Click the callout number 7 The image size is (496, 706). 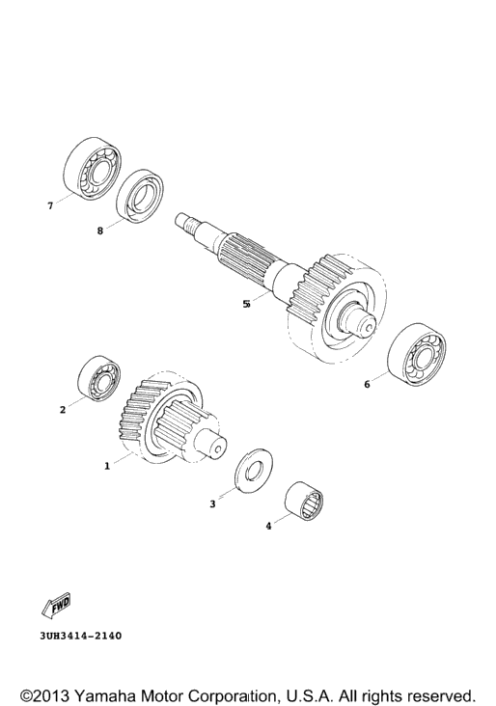pos(50,206)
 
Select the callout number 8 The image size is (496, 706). pos(100,231)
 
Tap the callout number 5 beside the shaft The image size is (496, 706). pos(246,304)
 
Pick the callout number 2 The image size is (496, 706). pos(63,410)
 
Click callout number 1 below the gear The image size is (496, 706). pos(107,466)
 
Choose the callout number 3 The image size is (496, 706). pos(212,504)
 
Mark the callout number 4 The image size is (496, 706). pos(268,526)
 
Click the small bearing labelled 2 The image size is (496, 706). pos(99,379)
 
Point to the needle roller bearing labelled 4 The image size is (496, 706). pos(304,502)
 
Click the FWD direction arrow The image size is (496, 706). pos(56,605)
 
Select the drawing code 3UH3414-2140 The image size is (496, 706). pos(81,637)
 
